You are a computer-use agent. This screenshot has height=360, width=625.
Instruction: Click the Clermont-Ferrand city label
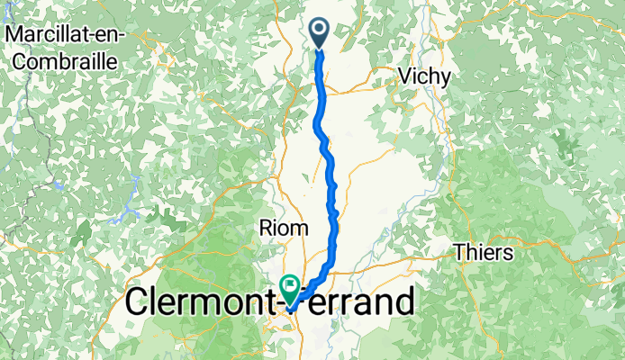point(270,302)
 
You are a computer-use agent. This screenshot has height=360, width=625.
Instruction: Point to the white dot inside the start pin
point(320,28)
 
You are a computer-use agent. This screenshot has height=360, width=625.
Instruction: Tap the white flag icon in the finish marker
point(291,288)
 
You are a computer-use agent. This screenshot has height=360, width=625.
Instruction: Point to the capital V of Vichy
point(402,77)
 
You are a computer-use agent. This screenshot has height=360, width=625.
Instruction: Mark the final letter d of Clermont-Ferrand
point(405,302)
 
